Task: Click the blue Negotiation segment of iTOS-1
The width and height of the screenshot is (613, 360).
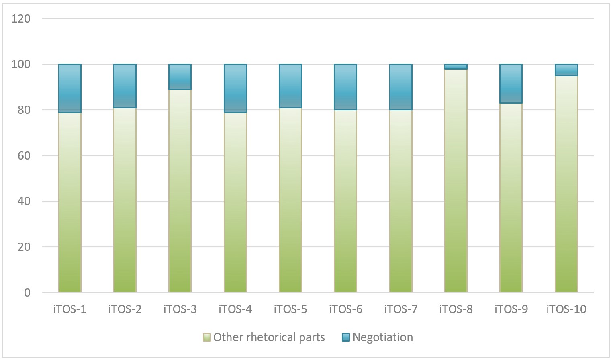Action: tap(70, 88)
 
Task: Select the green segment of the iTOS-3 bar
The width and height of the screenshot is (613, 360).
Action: tap(180, 191)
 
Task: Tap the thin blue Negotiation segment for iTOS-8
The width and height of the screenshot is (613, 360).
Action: tap(456, 67)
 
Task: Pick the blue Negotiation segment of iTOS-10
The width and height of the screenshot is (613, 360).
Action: tap(566, 70)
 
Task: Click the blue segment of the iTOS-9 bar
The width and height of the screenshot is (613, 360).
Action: tap(511, 84)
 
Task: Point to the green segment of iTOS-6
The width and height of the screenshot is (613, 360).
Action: tap(345, 201)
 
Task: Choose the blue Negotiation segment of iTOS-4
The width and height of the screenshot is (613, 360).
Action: tap(235, 88)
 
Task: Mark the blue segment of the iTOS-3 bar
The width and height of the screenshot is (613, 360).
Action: tap(180, 77)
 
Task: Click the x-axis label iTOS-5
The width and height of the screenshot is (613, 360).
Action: tap(290, 309)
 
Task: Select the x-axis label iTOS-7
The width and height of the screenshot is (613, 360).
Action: tap(400, 309)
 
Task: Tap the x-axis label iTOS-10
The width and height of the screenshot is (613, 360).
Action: tap(566, 309)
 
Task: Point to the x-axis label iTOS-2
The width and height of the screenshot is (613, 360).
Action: tap(125, 309)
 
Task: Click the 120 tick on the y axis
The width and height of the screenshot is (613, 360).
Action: tap(21, 18)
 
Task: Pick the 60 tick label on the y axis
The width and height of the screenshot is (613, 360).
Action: tap(24, 155)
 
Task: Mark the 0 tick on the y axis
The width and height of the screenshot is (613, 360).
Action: tap(27, 292)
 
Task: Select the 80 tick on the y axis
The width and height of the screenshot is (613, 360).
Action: tap(24, 110)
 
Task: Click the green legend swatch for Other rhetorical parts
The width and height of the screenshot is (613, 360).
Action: tap(207, 337)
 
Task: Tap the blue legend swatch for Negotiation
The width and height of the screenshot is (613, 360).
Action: tap(346, 337)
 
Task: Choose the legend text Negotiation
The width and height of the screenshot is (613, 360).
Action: tap(382, 337)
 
